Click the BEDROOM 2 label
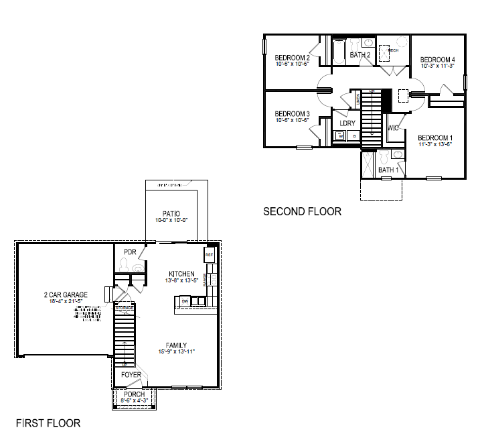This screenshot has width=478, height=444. [x=292, y=58]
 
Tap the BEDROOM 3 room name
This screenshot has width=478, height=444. [x=292, y=113]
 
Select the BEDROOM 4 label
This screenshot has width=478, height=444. [x=438, y=59]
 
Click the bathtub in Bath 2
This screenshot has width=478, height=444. [x=339, y=52]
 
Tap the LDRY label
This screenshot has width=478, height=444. [x=347, y=123]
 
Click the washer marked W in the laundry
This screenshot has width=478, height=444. [x=340, y=136]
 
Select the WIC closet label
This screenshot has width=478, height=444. [x=394, y=127]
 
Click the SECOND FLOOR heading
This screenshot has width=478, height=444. [x=302, y=211]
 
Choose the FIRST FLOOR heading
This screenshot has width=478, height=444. [x=48, y=423]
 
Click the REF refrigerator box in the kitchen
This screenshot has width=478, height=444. [x=208, y=256]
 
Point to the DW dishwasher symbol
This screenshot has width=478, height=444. [x=185, y=302]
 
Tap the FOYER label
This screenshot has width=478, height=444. [x=131, y=374]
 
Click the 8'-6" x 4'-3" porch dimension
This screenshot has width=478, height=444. [x=134, y=401]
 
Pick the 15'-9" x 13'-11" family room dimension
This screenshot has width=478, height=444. [x=177, y=351]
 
